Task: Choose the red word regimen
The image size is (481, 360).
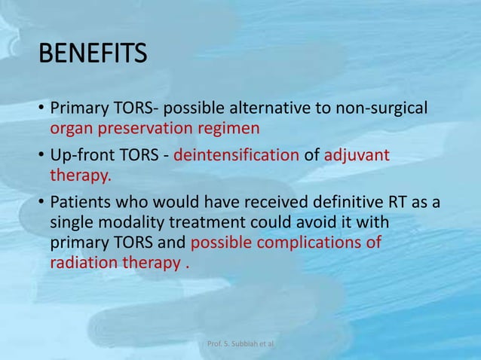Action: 231,128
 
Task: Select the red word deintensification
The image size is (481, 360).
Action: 236,156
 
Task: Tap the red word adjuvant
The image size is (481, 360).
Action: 357,156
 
